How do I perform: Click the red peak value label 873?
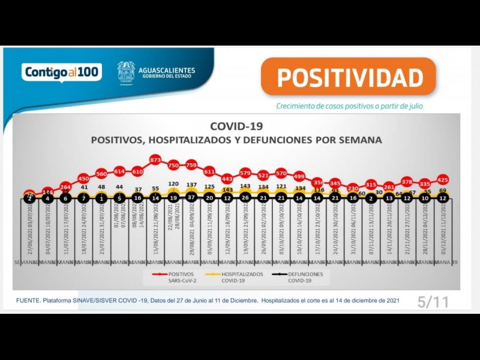point(155,160)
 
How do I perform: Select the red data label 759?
point(191,165)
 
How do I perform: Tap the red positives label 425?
point(443,179)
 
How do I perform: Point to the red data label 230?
point(353,188)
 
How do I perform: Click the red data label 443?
point(227,179)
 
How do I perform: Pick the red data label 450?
point(83,179)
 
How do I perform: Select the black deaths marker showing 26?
point(245,197)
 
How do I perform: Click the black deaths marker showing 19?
point(173,197)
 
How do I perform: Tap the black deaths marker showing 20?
point(209,197)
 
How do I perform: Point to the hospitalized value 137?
point(191,185)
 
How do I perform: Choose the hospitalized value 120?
point(173,184)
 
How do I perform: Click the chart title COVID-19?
point(236,126)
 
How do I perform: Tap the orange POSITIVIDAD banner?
point(349,77)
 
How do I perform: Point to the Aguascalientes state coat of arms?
point(126,73)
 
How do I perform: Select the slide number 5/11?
point(433,302)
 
